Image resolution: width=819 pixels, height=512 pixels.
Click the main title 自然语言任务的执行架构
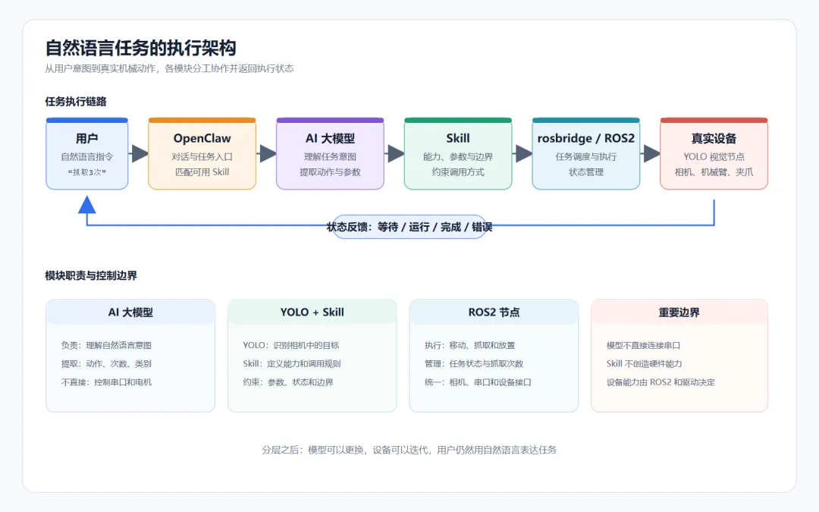140,48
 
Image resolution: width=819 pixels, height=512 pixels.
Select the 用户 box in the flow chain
86,153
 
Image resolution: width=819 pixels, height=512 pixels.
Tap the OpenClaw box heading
202,139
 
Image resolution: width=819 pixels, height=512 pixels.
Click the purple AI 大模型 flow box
330,153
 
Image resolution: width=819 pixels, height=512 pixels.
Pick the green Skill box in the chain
458,153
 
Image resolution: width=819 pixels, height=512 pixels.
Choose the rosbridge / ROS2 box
586,153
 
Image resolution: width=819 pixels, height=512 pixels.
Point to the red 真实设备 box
714,153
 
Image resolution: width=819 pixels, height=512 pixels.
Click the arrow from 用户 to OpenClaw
139,153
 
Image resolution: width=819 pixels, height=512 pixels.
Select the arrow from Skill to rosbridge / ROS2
522,153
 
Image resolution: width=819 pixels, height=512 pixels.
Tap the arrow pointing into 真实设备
651,153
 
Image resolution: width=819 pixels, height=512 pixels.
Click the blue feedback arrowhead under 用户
86,204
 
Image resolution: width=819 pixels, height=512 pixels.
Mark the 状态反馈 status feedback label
409,227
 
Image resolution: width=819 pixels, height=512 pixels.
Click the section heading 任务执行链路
76,102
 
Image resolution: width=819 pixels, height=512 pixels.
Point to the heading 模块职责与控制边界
91,275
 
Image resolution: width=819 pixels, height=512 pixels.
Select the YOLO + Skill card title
312,312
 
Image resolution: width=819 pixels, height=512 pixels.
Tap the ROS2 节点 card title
494,312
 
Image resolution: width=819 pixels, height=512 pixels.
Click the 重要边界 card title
679,313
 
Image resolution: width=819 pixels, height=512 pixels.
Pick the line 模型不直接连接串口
643,345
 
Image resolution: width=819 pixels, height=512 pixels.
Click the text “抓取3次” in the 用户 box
86,172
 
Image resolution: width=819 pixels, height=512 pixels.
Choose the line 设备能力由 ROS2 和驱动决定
661,382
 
